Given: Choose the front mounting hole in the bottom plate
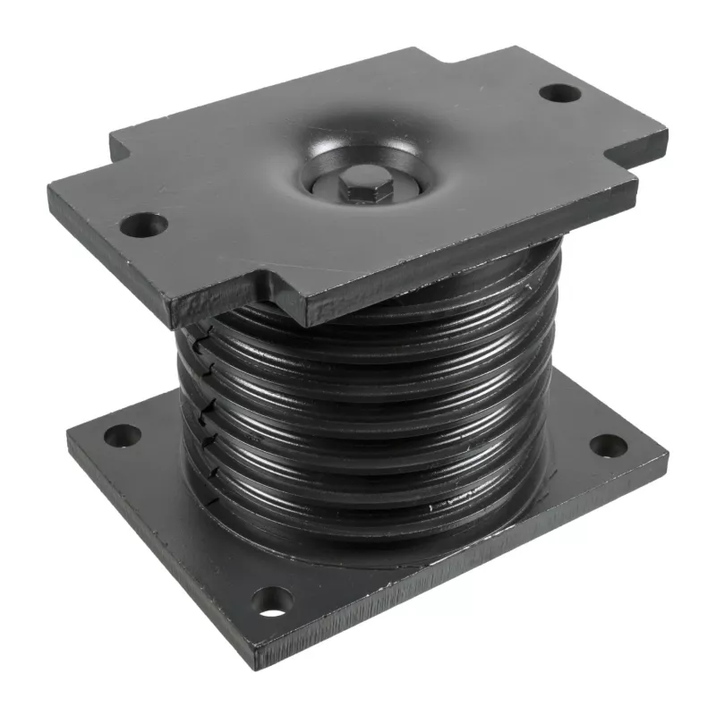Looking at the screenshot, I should pyautogui.click(x=271, y=601).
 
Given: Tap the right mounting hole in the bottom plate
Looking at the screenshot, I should pyautogui.click(x=608, y=445).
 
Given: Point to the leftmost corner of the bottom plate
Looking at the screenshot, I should pyautogui.click(x=68, y=428).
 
